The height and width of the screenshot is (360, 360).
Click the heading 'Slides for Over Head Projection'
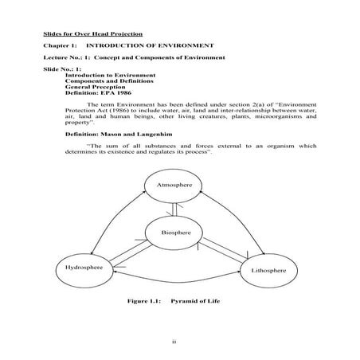[x=93, y=34]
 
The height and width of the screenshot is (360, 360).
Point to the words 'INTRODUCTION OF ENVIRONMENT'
[x=165, y=47]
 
